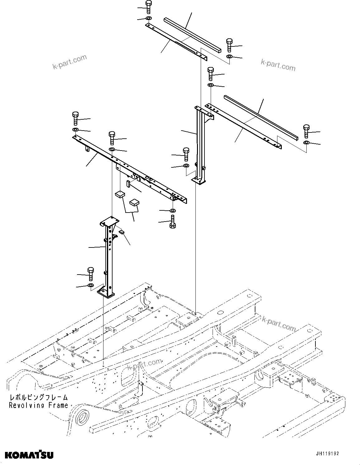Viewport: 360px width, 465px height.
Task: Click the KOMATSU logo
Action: tap(29, 454)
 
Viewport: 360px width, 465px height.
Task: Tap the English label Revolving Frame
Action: tap(38, 405)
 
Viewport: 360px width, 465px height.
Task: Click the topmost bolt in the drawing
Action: tap(148, 6)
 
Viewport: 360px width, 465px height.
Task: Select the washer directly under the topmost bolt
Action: tap(148, 19)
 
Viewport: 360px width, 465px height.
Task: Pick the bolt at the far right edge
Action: tap(306, 131)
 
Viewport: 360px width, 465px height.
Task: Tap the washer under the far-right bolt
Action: tap(306, 142)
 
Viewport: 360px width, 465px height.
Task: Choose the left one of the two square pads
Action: tap(120, 195)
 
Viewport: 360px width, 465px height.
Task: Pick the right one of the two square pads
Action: tap(134, 202)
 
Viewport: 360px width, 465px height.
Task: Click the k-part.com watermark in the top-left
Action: tap(70, 62)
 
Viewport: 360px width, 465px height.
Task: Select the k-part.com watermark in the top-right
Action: tap(278, 65)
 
